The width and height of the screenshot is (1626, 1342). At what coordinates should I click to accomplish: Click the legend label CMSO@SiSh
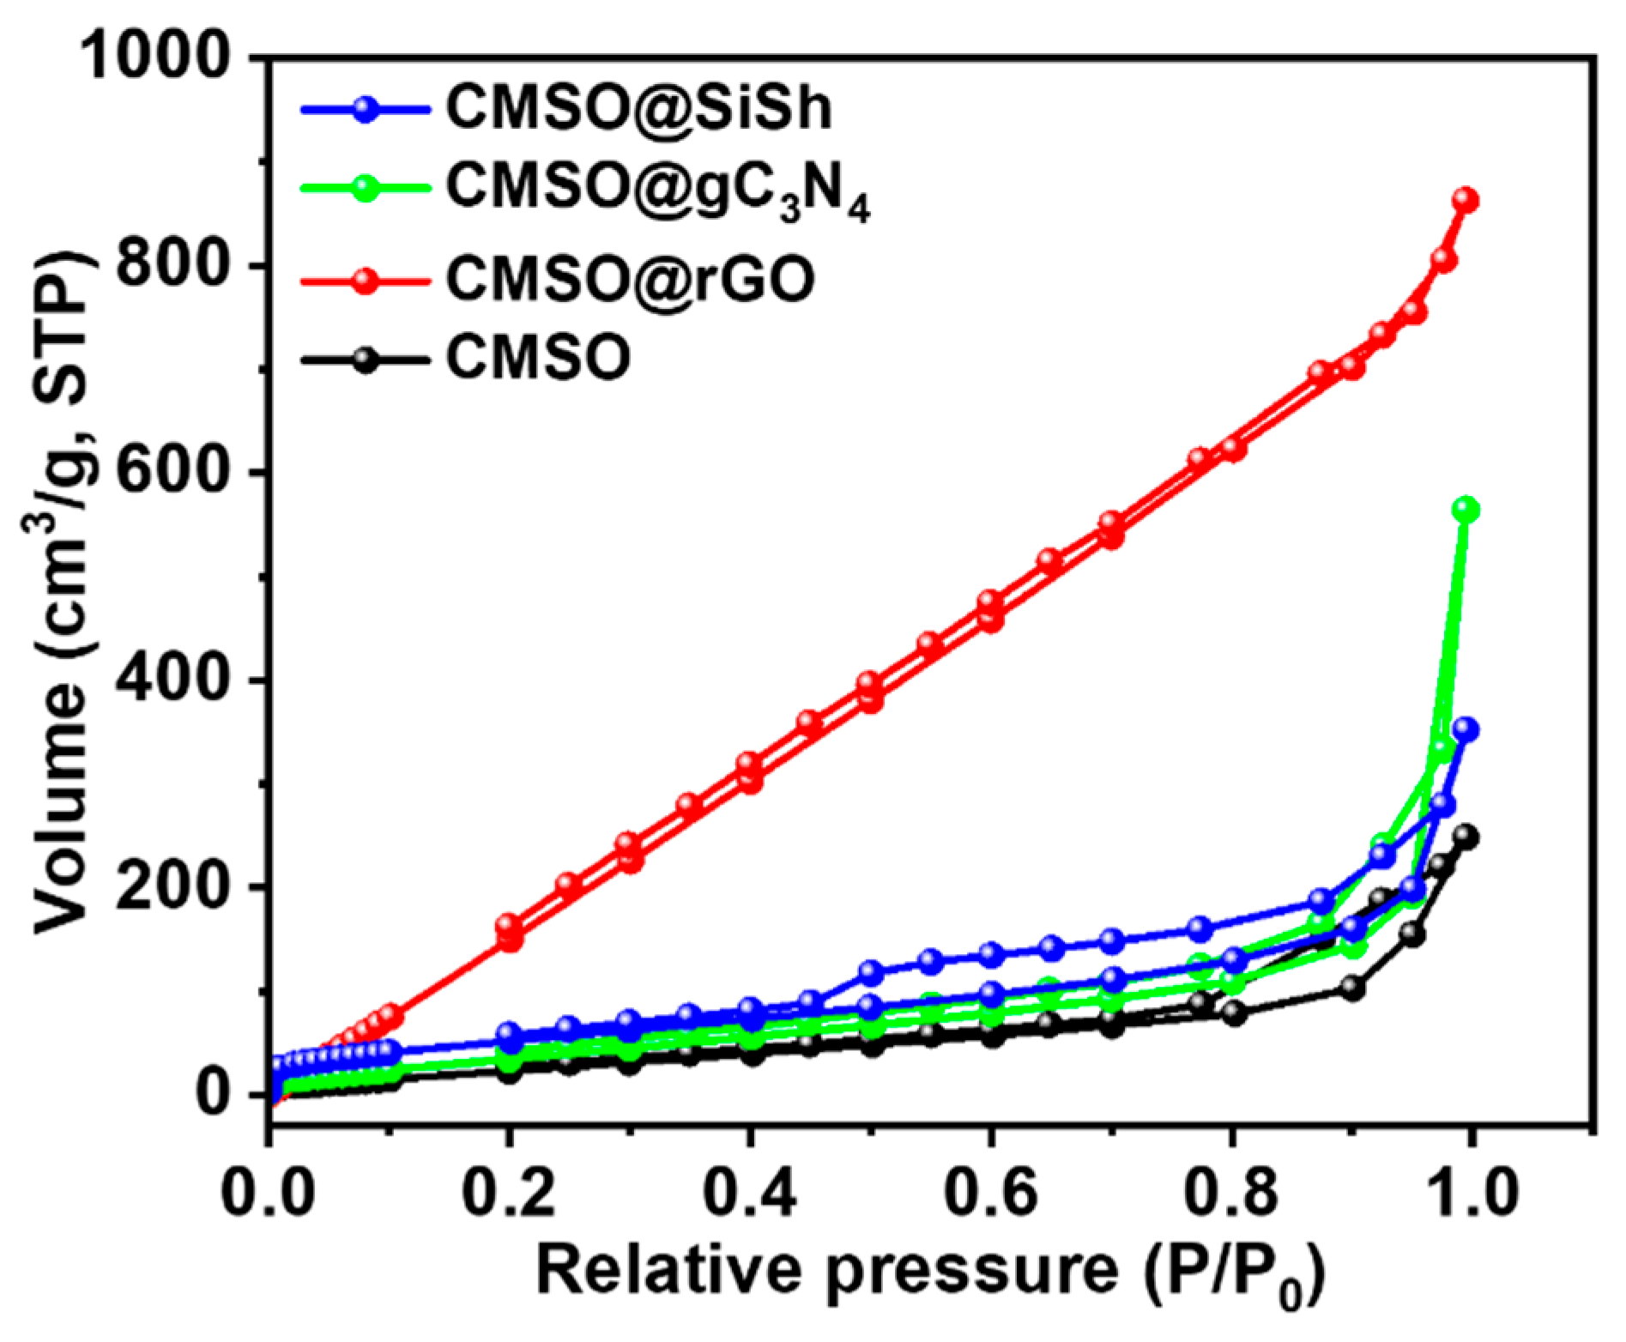click(x=638, y=109)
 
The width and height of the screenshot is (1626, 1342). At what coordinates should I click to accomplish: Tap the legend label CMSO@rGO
click(x=630, y=279)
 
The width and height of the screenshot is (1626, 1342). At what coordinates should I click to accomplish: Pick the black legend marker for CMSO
click(x=366, y=360)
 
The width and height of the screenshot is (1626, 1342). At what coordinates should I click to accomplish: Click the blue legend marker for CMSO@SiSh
click(x=366, y=110)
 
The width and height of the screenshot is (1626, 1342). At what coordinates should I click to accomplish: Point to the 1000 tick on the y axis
click(x=155, y=57)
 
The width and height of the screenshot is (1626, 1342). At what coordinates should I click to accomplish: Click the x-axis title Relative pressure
click(x=931, y=1272)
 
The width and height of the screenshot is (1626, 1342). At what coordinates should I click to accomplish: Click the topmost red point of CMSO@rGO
click(x=1466, y=200)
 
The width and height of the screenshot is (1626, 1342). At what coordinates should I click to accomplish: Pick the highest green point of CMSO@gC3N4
click(x=1466, y=510)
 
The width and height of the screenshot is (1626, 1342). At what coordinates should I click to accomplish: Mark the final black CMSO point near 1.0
click(x=1466, y=837)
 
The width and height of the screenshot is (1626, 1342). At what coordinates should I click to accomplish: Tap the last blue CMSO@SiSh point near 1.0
click(x=1466, y=730)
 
